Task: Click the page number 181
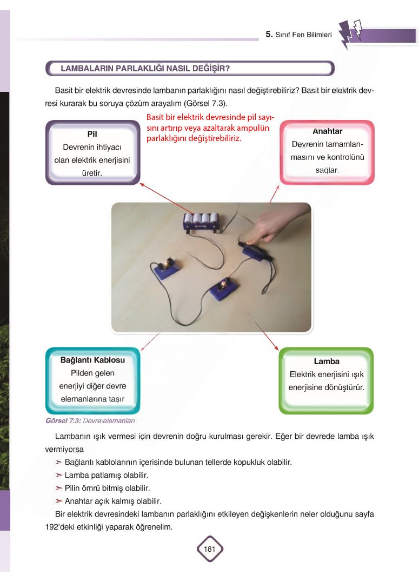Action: point(210,549)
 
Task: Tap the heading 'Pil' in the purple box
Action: point(92,134)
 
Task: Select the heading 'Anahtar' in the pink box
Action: point(327,131)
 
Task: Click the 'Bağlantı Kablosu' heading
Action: point(92,360)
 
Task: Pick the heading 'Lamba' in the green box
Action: point(327,361)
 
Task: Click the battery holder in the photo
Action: point(201,222)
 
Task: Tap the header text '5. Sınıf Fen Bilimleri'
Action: point(298,35)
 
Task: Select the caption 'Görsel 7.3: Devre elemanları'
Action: point(90,420)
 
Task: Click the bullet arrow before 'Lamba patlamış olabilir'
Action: point(58,475)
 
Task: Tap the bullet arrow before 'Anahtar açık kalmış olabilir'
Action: point(58,501)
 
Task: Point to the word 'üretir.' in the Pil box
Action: point(92,173)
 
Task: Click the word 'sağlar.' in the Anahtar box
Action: point(327,170)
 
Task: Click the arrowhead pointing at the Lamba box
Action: point(276,348)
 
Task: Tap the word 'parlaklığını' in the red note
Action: point(167,138)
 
